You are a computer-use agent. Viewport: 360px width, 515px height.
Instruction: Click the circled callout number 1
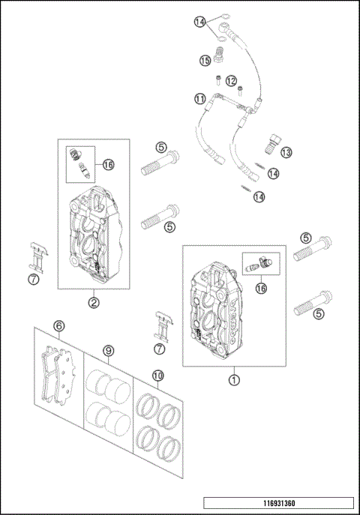coord(234,380)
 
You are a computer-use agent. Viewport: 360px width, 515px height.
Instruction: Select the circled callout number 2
coord(94,303)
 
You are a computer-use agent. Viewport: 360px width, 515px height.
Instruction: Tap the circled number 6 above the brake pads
coord(59,326)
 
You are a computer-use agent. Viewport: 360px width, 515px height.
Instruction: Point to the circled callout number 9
coord(109,351)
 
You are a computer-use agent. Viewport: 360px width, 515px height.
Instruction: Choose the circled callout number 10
coord(158,376)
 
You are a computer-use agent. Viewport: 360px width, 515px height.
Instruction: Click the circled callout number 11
coord(200,99)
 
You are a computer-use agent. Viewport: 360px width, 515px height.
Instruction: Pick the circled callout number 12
coord(231,81)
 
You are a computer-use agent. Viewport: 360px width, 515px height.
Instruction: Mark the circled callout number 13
coord(286,152)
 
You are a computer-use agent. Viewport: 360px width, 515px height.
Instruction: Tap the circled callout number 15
coord(205,61)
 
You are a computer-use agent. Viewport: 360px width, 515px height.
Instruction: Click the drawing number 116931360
coord(279,503)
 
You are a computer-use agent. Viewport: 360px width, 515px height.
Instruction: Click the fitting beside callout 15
coord(218,55)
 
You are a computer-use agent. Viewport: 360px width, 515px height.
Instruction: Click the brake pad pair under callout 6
coord(58,374)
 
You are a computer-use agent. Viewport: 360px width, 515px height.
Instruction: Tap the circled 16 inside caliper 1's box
coord(262,289)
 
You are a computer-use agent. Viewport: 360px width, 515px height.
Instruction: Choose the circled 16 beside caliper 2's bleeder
coord(108,164)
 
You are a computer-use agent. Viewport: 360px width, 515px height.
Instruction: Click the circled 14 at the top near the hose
coord(199,22)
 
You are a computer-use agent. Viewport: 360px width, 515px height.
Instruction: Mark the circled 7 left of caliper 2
coord(34,280)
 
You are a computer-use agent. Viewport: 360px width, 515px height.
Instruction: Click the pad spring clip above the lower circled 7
coord(163,327)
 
